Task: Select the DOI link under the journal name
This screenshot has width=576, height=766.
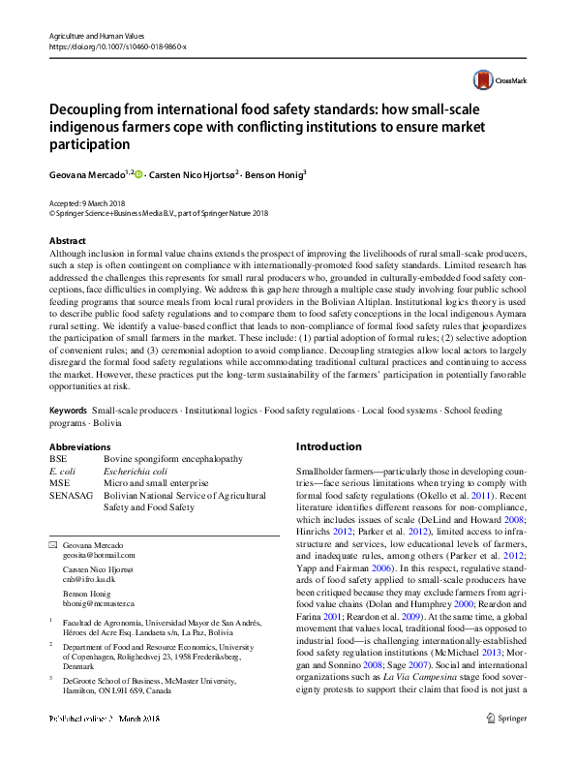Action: (x=116, y=46)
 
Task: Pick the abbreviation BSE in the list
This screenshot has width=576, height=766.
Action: (x=59, y=458)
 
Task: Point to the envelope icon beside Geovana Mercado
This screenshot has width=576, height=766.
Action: (x=53, y=546)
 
